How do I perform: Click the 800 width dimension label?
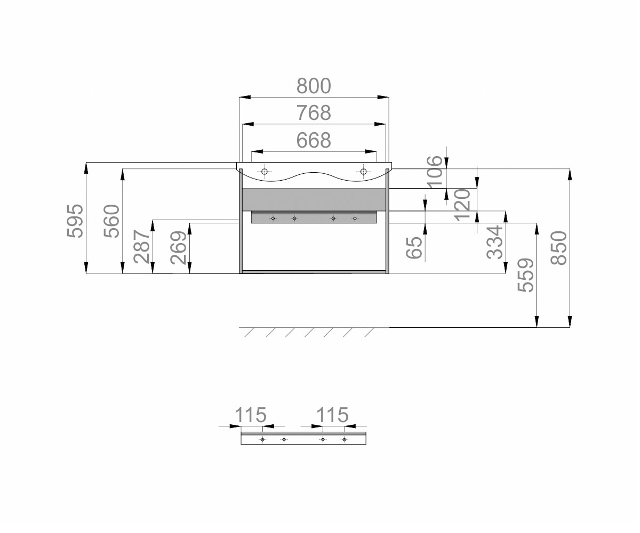(314, 86)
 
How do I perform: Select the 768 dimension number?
(314, 112)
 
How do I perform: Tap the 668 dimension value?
(314, 140)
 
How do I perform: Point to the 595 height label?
(75, 221)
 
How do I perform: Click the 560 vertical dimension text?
(111, 221)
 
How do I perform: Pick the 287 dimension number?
(142, 247)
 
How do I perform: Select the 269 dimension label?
(178, 247)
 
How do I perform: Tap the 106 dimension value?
(435, 172)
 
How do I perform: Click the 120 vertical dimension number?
(462, 205)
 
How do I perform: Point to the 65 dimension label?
(414, 247)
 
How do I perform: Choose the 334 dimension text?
(495, 242)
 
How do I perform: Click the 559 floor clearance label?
(526, 275)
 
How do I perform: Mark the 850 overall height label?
(559, 248)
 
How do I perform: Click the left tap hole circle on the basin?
(265, 172)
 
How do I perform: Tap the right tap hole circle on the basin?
(363, 172)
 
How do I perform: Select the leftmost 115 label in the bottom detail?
(251, 415)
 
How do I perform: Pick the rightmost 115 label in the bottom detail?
(333, 415)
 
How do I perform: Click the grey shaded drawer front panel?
(314, 200)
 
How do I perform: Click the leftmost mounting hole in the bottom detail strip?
(262, 440)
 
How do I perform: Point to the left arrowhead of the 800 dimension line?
(245, 98)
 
